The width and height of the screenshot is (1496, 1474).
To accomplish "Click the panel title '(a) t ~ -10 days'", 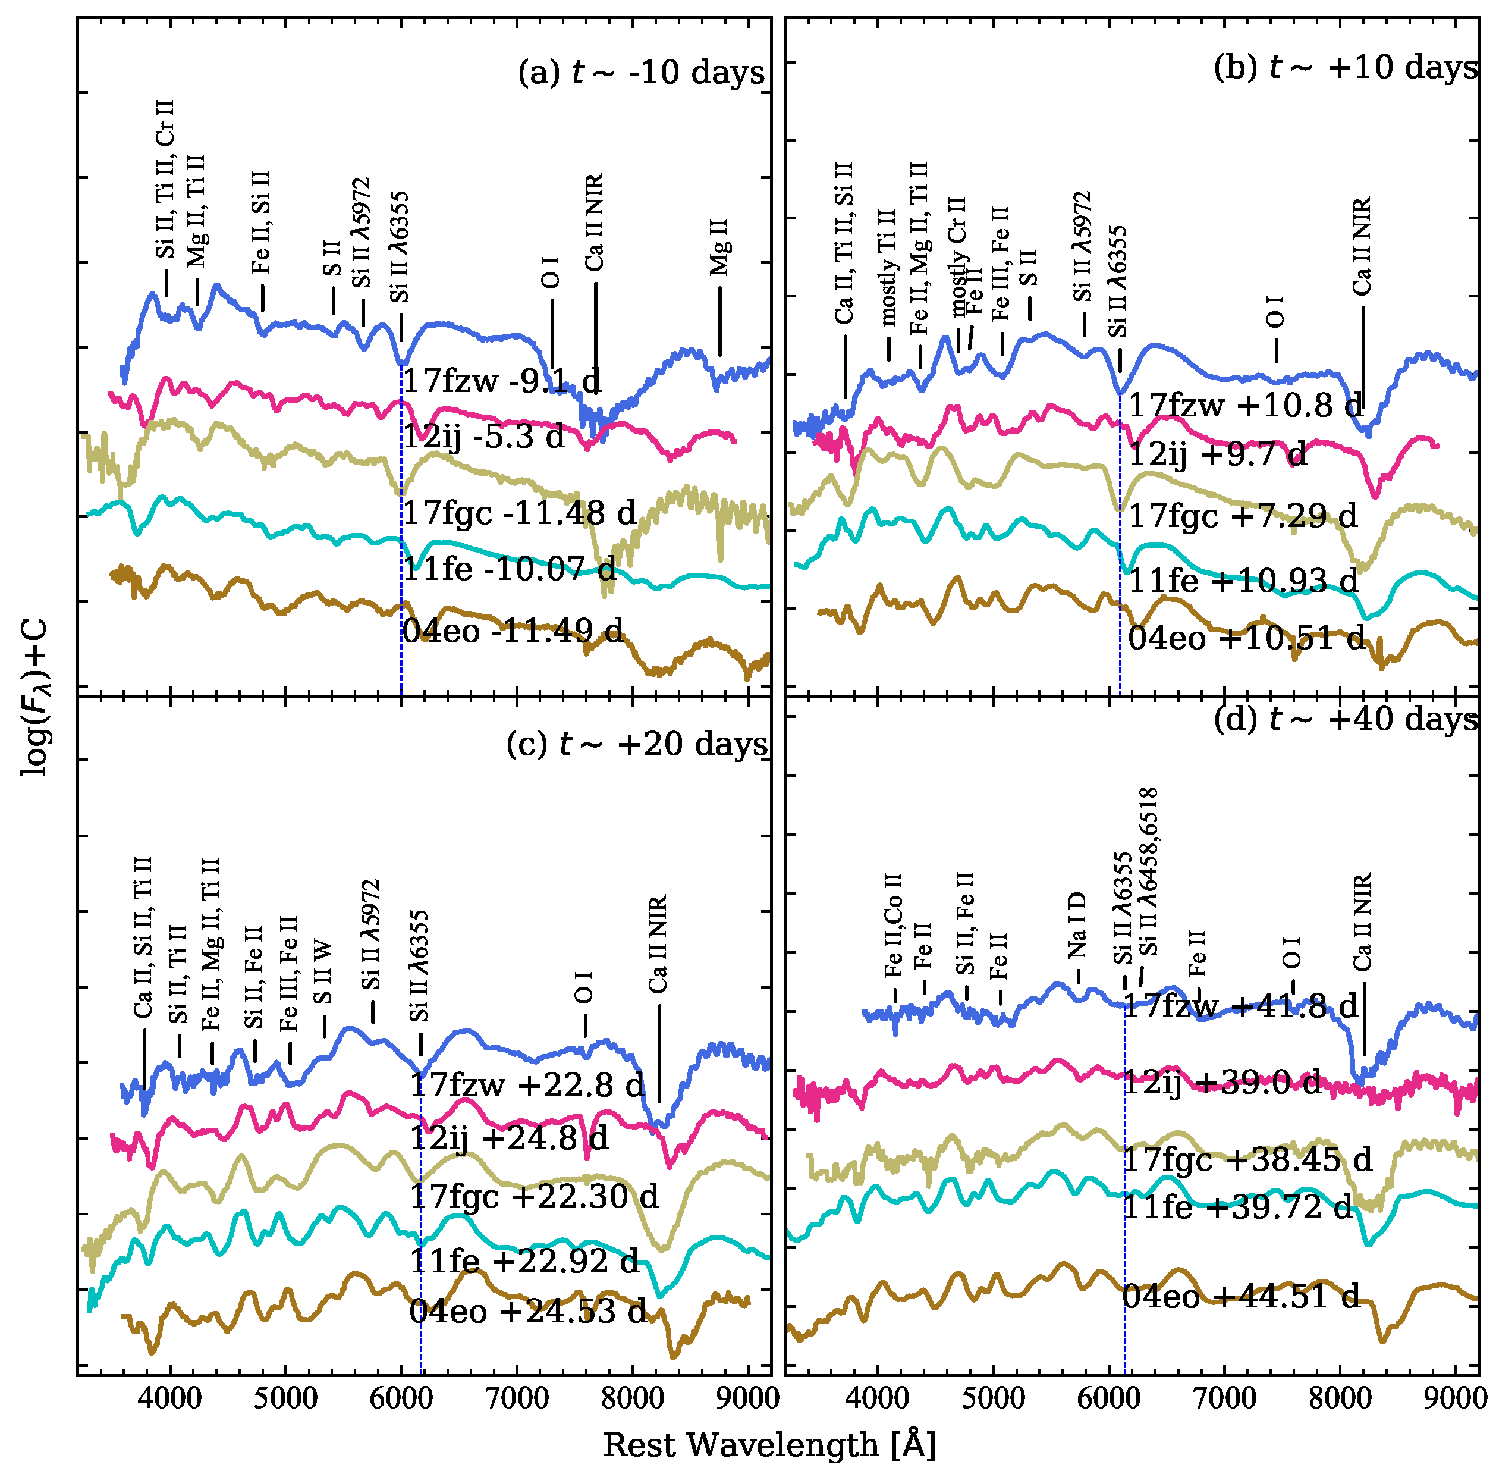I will pyautogui.click(x=641, y=73).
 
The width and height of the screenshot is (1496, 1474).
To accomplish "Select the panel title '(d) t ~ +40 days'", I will pyautogui.click(x=1345, y=719).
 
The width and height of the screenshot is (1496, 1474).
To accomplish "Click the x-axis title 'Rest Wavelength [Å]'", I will pyautogui.click(x=769, y=1445).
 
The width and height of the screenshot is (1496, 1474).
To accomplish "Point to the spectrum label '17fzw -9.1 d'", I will pyautogui.click(x=501, y=381).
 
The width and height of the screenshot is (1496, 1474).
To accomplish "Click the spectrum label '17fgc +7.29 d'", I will pyautogui.click(x=1242, y=516).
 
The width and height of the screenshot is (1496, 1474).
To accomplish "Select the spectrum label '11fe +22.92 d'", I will pyautogui.click(x=524, y=1261).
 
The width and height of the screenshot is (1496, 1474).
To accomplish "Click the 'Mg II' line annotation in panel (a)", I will pyautogui.click(x=719, y=246).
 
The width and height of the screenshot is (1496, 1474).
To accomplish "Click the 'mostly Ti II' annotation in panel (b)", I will pyautogui.click(x=888, y=267).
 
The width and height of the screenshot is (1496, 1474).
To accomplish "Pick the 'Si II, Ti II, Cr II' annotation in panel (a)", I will pyautogui.click(x=165, y=180).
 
